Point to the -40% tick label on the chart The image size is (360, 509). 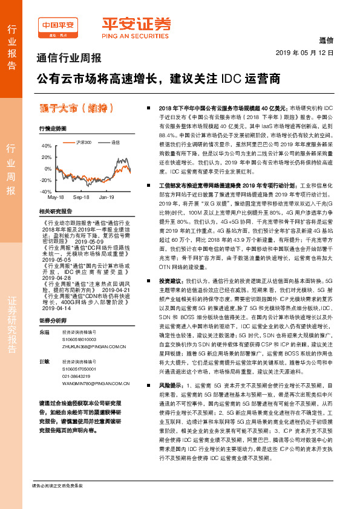point(46,191)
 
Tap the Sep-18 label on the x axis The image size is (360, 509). point(81,198)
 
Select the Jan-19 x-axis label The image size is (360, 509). point(107,198)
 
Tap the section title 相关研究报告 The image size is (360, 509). point(54,212)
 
